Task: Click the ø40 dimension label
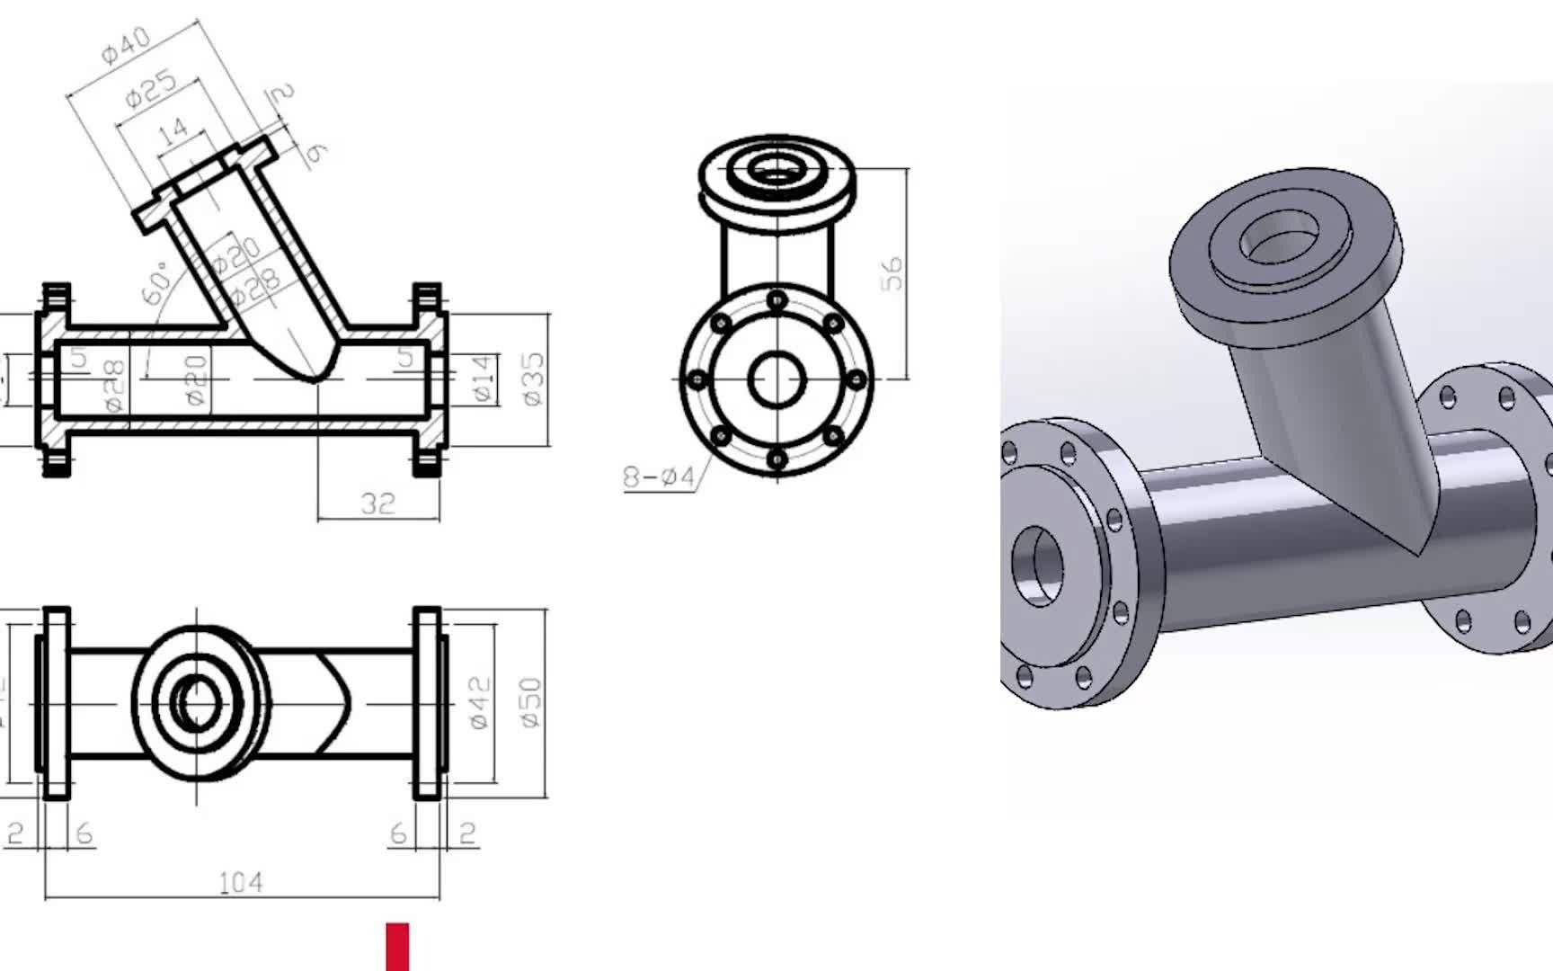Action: pyautogui.click(x=126, y=45)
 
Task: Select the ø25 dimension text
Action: pyautogui.click(x=150, y=89)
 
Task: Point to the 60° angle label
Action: pyautogui.click(x=156, y=282)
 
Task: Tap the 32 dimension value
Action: pyautogui.click(x=377, y=503)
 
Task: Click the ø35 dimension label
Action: pyautogui.click(x=533, y=379)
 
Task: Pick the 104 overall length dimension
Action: pyautogui.click(x=241, y=883)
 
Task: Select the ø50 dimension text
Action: pyautogui.click(x=531, y=702)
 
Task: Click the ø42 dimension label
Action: pyautogui.click(x=479, y=702)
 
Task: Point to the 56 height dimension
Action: pyautogui.click(x=892, y=273)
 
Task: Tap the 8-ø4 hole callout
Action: pyautogui.click(x=659, y=477)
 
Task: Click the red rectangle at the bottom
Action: pyautogui.click(x=397, y=946)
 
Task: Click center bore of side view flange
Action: pyautogui.click(x=776, y=379)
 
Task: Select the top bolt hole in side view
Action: pyautogui.click(x=777, y=299)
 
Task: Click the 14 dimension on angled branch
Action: pyautogui.click(x=173, y=131)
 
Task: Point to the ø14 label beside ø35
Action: pyautogui.click(x=483, y=379)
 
